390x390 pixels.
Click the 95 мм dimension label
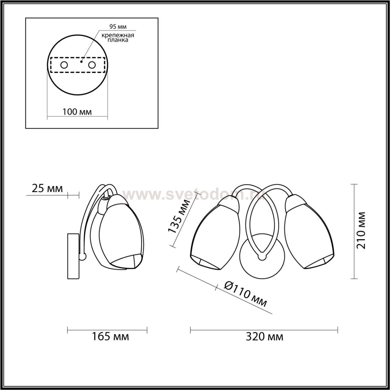[x=118, y=27]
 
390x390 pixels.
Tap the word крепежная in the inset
[x=118, y=35]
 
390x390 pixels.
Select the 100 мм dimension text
[x=77, y=112]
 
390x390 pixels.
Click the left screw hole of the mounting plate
[x=64, y=65]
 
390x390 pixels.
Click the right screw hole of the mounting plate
[x=92, y=65]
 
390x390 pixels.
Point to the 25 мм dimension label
[x=47, y=188]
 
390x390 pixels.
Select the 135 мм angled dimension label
[x=179, y=216]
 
